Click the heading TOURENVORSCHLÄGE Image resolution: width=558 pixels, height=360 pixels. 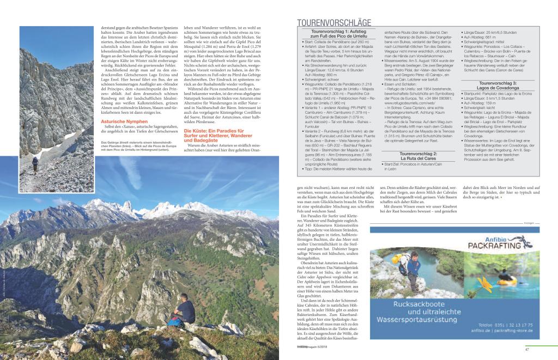pos(334,23)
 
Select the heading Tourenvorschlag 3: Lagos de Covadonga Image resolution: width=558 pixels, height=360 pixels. pos(496,101)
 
